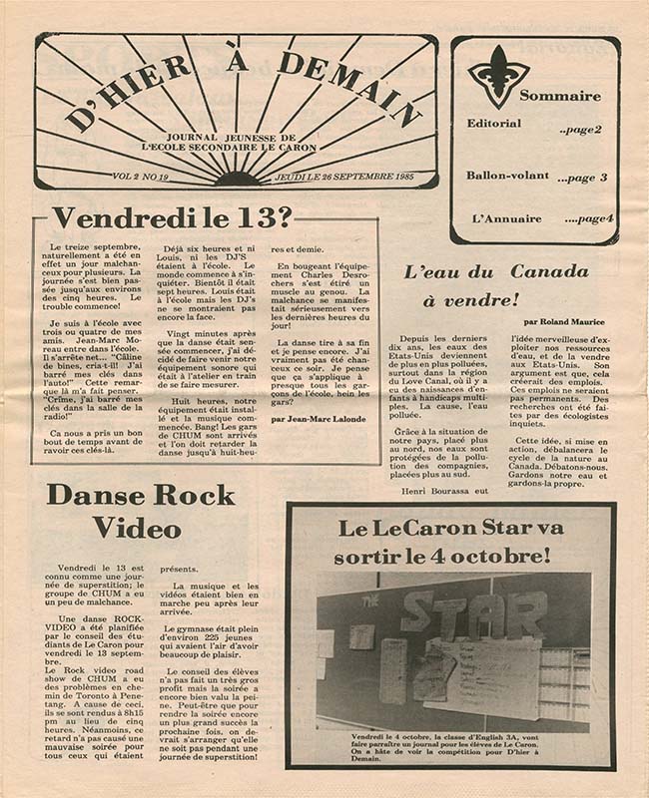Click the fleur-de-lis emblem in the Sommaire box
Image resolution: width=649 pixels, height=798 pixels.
[x=498, y=76]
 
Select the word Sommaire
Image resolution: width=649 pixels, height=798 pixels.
[x=559, y=96]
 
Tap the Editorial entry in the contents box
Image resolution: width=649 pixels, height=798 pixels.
[x=493, y=124]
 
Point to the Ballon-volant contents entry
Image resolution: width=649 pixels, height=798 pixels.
[x=507, y=176]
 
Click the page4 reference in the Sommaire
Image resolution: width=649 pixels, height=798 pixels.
[x=589, y=219]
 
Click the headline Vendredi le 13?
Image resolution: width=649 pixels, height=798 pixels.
[x=173, y=217]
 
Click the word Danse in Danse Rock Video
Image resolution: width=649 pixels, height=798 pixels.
[x=98, y=496]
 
